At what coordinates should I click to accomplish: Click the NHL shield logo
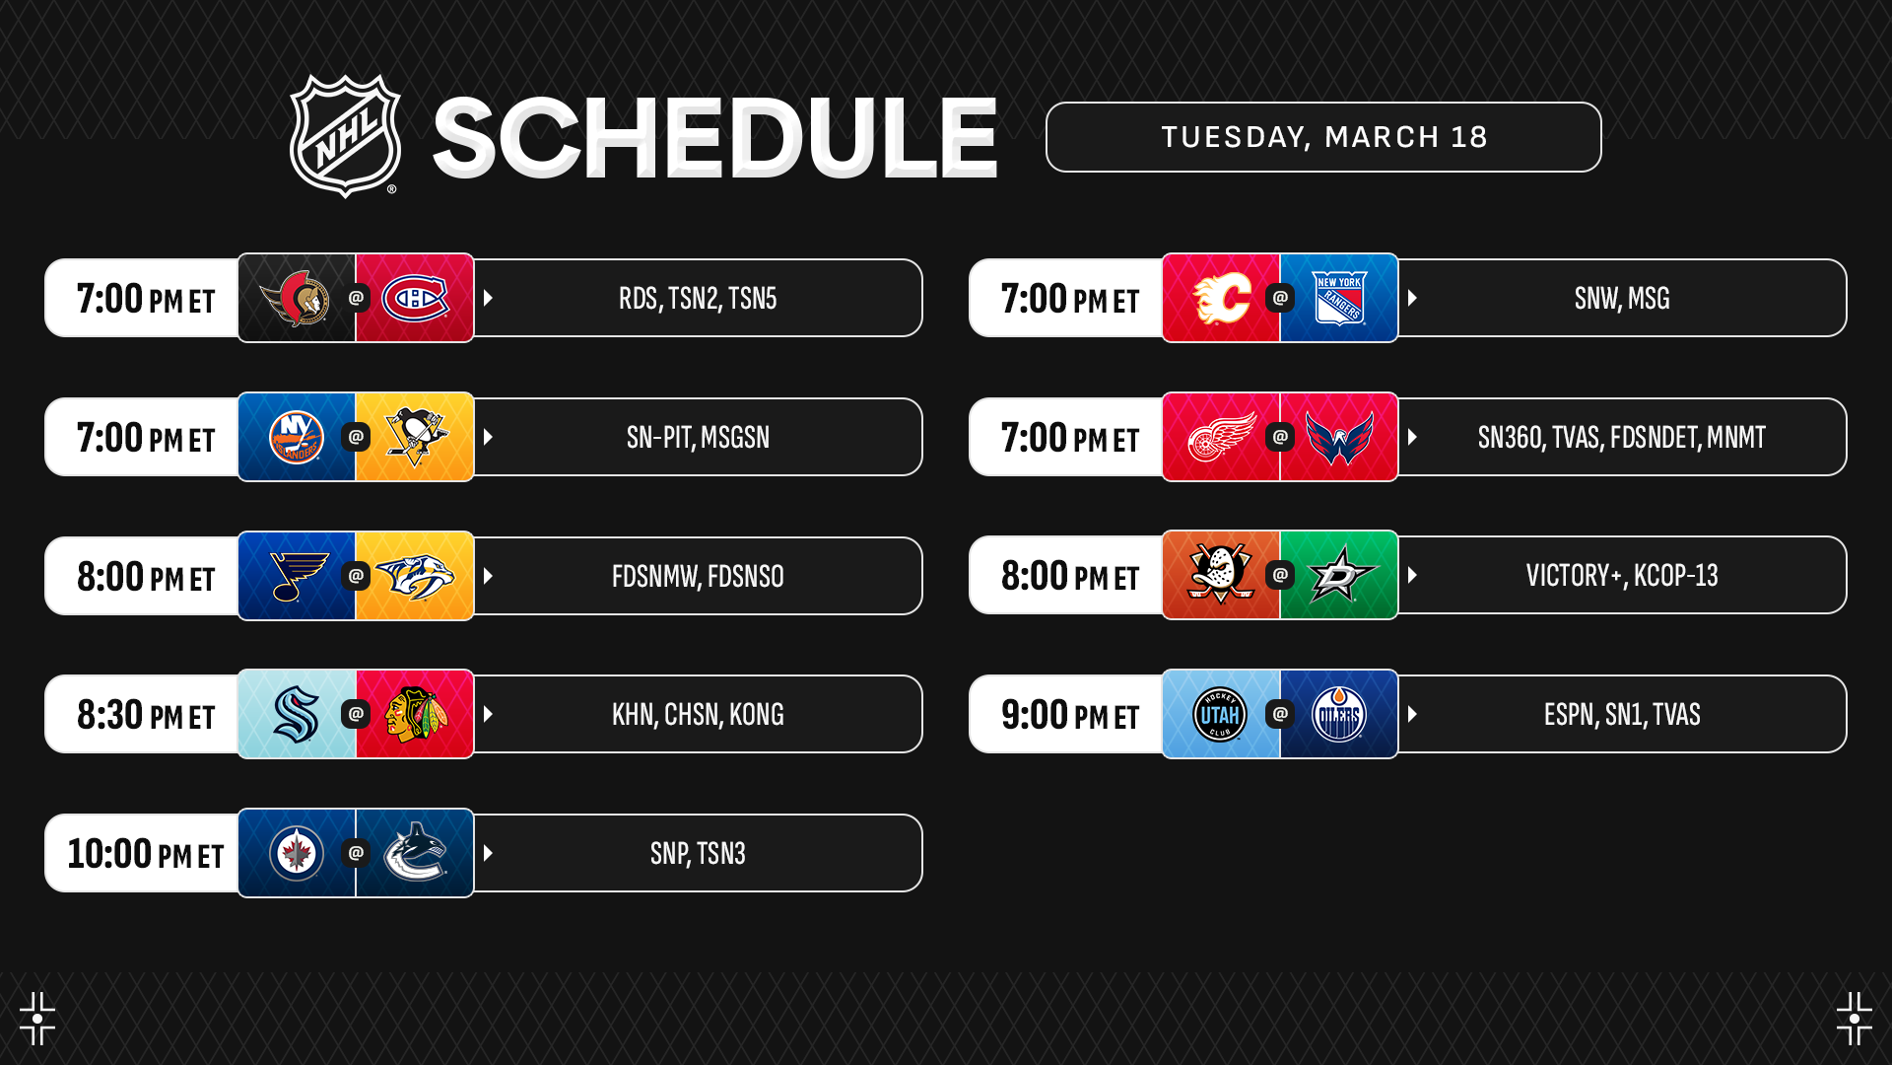pos(345,136)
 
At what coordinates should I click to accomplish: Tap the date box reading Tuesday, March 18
pos(1323,137)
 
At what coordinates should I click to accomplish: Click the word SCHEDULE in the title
pos(715,138)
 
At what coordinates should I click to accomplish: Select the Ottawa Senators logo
pos(295,298)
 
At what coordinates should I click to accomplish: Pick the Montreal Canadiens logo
pos(415,298)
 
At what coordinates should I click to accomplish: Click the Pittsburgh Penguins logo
pos(416,437)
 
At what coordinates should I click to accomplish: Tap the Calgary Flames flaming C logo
pos(1222,298)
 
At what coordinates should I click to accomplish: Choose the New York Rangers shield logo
pos(1339,298)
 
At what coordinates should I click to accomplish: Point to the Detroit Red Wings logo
pos(1222,437)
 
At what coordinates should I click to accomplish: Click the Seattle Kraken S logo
pos(296,714)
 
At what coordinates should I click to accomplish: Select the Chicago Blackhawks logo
pos(416,714)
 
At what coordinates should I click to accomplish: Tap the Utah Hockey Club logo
pos(1220,714)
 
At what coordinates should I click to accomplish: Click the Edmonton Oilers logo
pos(1339,714)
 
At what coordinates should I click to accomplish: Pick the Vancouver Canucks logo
pos(415,852)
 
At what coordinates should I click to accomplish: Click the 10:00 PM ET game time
pos(146,854)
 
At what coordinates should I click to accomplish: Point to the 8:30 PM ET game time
pos(146,715)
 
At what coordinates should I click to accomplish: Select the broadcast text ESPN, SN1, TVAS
pos(1622,714)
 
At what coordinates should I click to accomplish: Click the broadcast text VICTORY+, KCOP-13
pos(1622,575)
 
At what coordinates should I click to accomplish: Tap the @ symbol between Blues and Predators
pos(356,575)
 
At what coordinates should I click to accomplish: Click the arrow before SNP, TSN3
pos(488,853)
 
